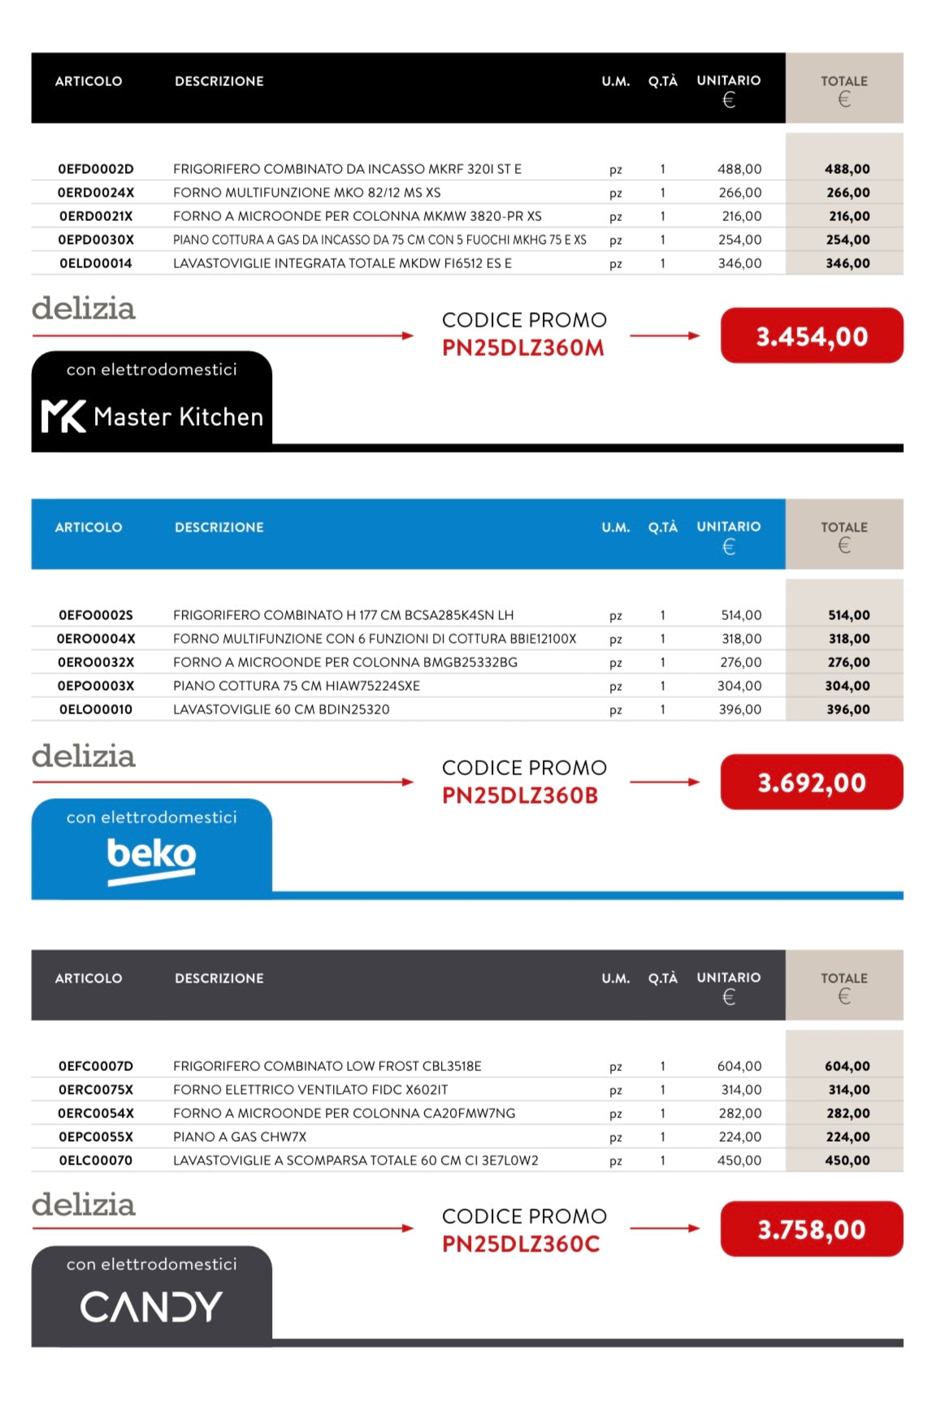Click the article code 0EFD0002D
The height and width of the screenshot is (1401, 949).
[x=96, y=169]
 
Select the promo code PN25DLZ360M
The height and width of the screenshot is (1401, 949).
[x=522, y=348]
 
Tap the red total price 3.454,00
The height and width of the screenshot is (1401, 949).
[x=812, y=336]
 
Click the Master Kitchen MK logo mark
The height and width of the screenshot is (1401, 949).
[x=63, y=416]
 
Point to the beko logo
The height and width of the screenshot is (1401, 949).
[x=151, y=857]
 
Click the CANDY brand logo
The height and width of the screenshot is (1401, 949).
[x=151, y=1306]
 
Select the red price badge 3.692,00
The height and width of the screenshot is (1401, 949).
[x=812, y=783]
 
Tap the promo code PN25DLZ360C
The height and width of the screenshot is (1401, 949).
[x=521, y=1244]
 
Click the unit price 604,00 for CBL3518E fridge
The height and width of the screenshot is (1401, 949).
[x=739, y=1066]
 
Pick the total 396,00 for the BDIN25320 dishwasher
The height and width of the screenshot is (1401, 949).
[x=848, y=709]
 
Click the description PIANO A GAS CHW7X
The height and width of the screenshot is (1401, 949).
[x=240, y=1137]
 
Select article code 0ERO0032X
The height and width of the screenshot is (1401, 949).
[x=96, y=662]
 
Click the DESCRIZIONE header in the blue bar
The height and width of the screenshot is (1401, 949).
[x=219, y=527]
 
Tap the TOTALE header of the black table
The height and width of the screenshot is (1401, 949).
[x=844, y=81]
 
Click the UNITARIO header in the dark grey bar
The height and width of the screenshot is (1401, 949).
[x=729, y=978]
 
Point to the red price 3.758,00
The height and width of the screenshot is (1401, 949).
[x=812, y=1230]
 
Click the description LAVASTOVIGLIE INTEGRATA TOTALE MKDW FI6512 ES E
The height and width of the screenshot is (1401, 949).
[x=342, y=263]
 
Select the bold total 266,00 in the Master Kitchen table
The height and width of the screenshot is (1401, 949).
[x=848, y=193]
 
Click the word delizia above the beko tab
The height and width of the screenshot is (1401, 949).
[x=84, y=756]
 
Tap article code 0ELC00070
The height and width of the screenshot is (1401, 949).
[x=96, y=1160]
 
